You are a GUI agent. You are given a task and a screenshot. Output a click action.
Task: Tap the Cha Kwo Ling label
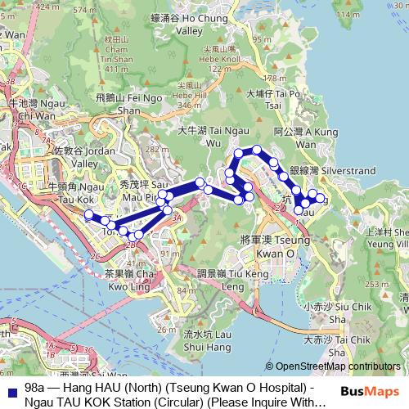tap(131, 281)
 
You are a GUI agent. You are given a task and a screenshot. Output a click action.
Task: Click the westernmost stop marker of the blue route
tap(89, 215)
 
